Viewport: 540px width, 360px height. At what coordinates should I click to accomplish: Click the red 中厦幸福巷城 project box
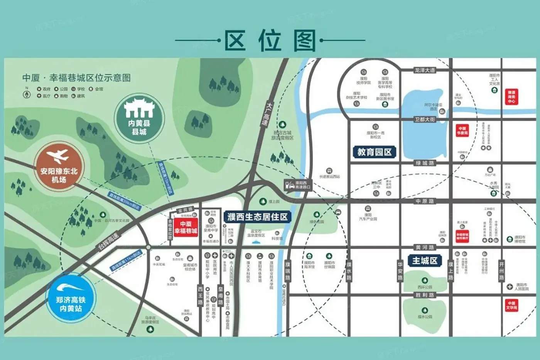pos(186,227)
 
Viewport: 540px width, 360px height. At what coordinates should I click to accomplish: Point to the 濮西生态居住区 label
pos(257,217)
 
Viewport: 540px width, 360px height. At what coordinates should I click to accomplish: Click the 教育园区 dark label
pos(374,152)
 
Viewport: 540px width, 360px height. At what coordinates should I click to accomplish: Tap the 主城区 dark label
pos(425,261)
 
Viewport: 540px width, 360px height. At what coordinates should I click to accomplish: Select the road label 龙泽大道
pos(425,70)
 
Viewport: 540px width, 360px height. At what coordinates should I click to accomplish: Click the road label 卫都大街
pos(425,120)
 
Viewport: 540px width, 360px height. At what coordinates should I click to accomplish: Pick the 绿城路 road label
pos(425,163)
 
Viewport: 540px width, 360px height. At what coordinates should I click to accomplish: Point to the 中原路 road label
pos(425,201)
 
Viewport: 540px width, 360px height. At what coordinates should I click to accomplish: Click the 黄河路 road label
pos(425,247)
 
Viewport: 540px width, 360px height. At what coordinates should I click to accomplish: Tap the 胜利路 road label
pos(425,295)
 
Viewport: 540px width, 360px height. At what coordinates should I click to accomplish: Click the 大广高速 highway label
pos(267,114)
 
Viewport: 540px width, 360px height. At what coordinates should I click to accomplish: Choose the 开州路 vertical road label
pos(501,271)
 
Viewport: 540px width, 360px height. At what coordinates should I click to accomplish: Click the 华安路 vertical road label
pos(400,271)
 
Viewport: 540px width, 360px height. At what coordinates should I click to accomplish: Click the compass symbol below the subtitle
pos(27,94)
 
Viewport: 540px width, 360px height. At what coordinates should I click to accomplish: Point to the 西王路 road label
pos(201,295)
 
